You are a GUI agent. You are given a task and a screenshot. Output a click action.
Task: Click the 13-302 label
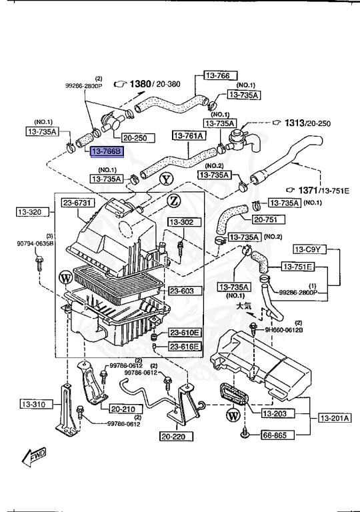[181, 222]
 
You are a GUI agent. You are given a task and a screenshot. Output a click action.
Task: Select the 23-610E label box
[183, 333]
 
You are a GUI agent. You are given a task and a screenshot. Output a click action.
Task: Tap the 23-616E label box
[183, 347]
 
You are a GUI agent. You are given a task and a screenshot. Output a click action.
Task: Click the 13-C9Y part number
[309, 249]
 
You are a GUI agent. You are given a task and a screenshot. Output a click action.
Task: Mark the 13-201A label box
[334, 418]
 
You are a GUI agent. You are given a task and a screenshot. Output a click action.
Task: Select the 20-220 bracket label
[176, 437]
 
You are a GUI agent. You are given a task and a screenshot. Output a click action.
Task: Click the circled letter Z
[173, 200]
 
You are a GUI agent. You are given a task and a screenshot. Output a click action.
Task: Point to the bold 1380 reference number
[139, 84]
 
